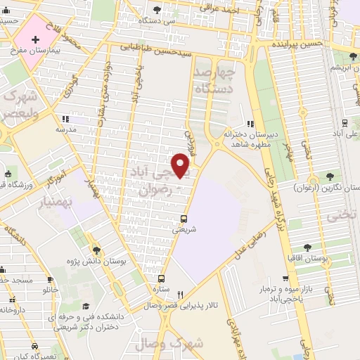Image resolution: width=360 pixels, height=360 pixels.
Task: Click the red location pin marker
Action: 181,166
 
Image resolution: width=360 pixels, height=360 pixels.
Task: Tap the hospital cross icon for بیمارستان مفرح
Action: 35,40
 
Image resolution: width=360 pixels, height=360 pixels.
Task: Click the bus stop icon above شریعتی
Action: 184,218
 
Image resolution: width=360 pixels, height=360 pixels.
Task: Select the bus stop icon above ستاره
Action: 161,278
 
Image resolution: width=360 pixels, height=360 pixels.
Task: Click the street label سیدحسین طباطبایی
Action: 154,49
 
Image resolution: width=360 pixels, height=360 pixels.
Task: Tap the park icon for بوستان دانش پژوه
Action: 97,250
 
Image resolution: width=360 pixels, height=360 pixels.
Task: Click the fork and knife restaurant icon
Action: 180,295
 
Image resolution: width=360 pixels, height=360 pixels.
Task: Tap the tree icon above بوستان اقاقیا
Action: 307,247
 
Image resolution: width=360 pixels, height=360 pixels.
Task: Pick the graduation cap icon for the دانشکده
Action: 86,306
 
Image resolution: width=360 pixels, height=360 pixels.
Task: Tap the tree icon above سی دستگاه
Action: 156,9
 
